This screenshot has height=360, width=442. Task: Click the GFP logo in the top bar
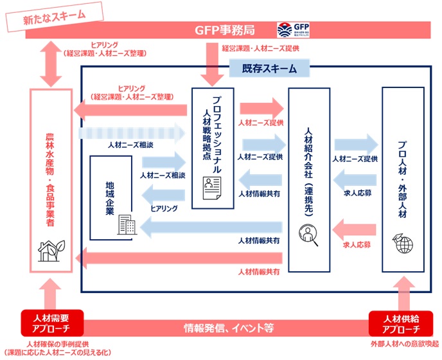click(x=291, y=30)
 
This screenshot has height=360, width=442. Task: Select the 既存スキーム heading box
click(x=269, y=68)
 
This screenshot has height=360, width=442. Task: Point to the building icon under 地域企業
click(x=125, y=225)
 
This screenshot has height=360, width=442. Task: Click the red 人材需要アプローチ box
click(x=49, y=323)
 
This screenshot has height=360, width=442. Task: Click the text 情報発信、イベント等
click(x=224, y=328)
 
